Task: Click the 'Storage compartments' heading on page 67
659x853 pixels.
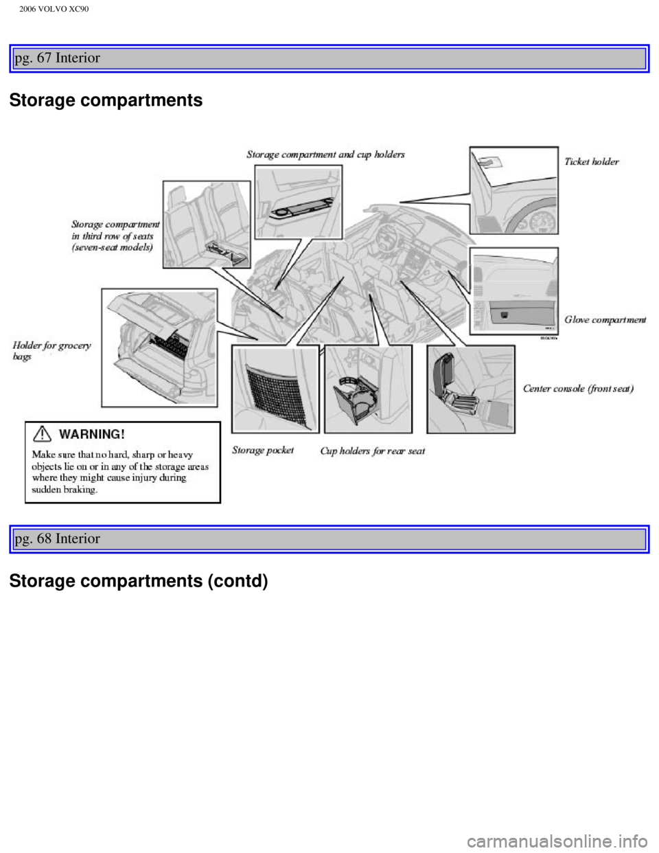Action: coord(106,100)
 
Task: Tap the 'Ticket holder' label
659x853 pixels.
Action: coord(592,161)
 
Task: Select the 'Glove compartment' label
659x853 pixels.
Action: coord(605,320)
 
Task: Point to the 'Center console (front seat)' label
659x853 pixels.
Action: coord(578,389)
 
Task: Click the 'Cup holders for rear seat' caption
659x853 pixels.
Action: coord(373,451)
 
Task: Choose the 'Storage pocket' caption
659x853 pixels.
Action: coord(263,450)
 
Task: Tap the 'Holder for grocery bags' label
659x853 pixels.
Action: coord(51,351)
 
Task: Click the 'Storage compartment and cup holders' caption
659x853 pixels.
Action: coord(325,155)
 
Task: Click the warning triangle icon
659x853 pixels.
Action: coord(42,434)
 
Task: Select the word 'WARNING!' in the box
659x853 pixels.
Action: coord(92,435)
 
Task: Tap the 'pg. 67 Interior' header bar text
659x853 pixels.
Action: coord(58,58)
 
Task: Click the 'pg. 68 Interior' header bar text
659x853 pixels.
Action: coord(58,538)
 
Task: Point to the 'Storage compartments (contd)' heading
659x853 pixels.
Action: coord(139,581)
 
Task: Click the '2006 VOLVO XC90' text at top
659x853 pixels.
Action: coord(54,9)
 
